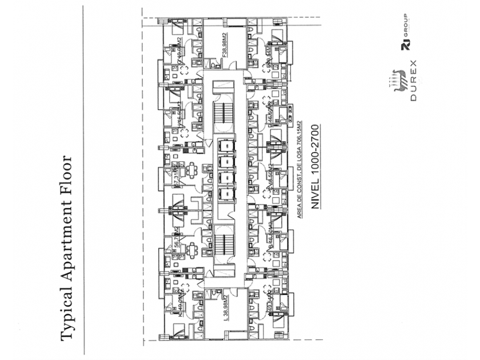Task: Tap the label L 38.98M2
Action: (226, 309)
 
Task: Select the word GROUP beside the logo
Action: (404, 36)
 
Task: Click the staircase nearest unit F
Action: (223, 112)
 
